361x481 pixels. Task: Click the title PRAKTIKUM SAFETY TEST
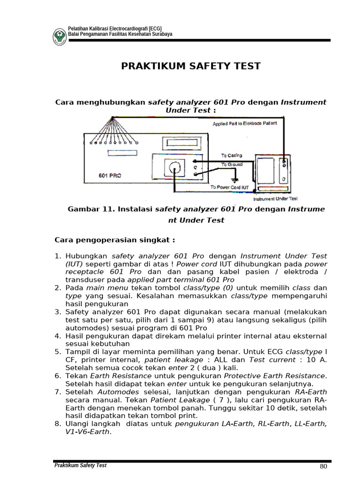(191, 66)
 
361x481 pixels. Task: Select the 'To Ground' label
(232, 164)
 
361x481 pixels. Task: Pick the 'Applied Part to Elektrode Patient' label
(245, 124)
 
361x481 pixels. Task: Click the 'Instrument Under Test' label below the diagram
(278, 198)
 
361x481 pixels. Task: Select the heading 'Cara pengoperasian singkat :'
(115, 240)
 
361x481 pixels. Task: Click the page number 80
(323, 466)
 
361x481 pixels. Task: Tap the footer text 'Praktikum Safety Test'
(80, 465)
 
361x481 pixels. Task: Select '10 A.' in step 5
(315, 360)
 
